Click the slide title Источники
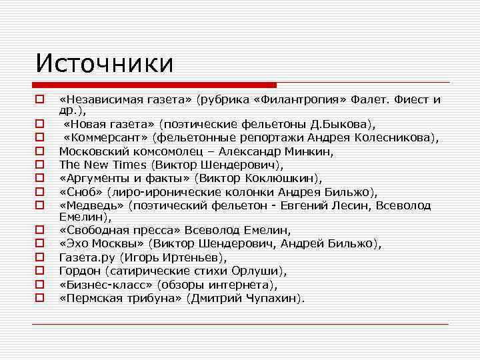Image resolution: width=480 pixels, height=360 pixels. point(105,63)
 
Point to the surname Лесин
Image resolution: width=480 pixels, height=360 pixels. point(344,205)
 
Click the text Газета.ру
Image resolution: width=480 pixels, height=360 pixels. point(83,257)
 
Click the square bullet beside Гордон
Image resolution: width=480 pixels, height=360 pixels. point(40,270)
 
